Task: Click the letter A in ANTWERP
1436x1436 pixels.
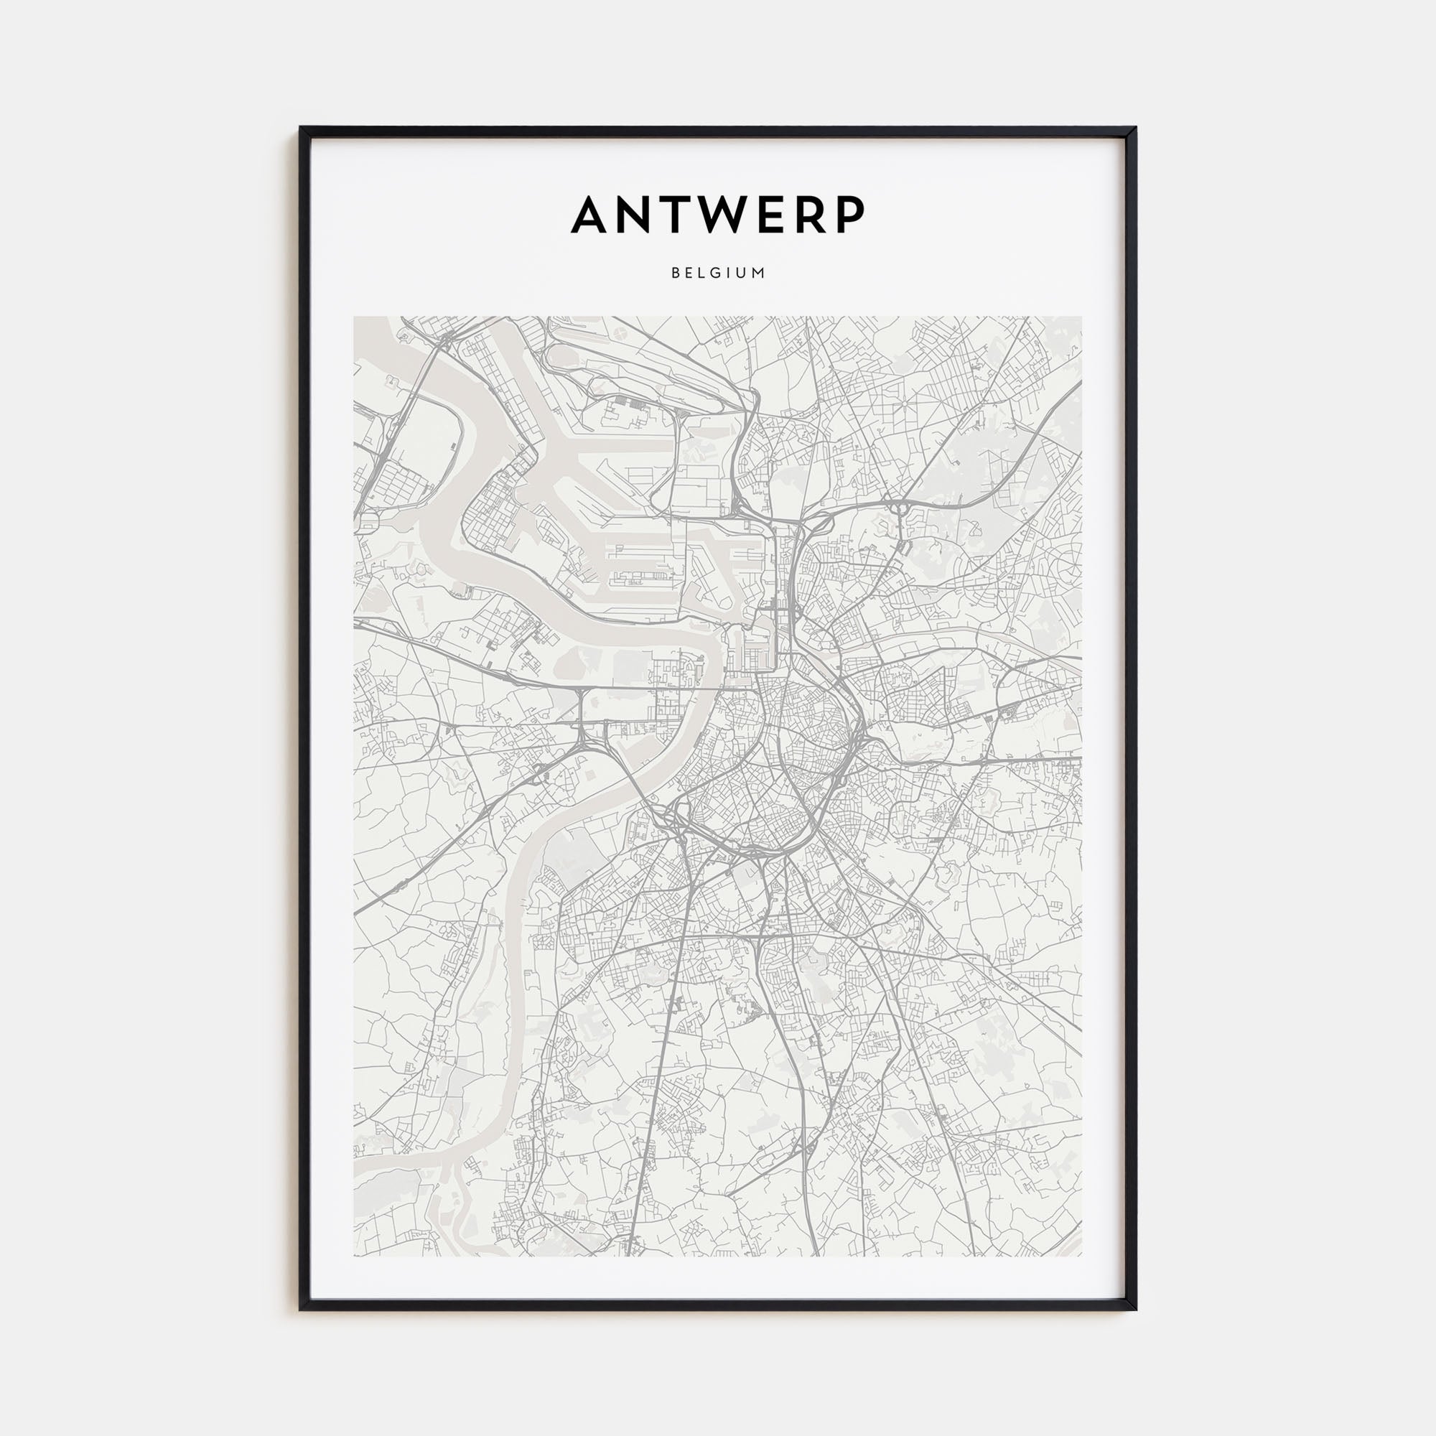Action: [592, 215]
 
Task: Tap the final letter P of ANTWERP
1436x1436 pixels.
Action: [852, 215]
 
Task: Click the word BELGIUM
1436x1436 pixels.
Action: [718, 273]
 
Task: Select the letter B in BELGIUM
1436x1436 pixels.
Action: [675, 273]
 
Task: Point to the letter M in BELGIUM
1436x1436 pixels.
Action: [760, 273]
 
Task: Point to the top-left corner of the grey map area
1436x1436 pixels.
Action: [355, 317]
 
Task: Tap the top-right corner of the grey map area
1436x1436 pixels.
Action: [1081, 317]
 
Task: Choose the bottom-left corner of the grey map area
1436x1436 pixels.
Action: [355, 1235]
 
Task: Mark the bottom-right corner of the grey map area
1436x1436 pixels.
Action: [1081, 1235]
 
